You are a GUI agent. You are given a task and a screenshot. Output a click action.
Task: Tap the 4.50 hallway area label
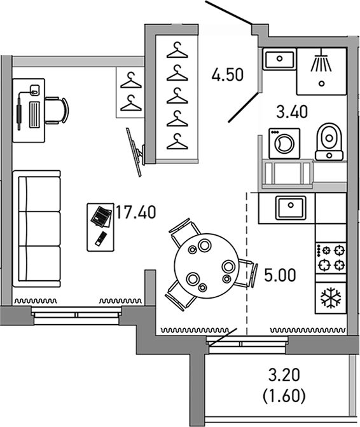[x=228, y=76]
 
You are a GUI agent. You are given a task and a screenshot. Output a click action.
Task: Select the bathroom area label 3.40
[x=291, y=112]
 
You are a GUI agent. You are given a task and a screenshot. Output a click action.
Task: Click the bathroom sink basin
[x=279, y=60]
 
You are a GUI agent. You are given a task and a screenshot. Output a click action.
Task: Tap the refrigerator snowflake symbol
[x=331, y=297]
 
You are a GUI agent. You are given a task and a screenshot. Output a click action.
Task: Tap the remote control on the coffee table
[x=100, y=239]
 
